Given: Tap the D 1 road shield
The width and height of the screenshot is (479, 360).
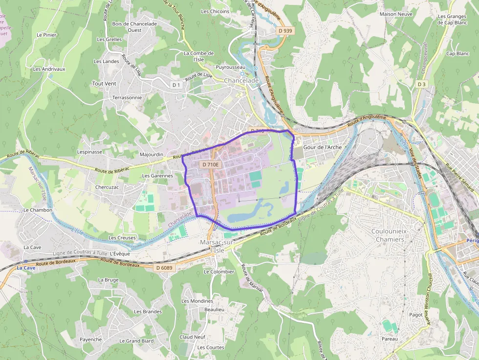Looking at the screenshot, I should pos(176,85).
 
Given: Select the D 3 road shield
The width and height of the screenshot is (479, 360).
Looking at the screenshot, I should pos(421,85).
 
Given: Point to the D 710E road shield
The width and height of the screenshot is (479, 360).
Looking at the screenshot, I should pos(211,165).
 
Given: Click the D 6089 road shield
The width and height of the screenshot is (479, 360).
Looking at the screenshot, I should pos(164,268).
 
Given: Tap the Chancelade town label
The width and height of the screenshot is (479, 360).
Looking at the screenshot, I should pos(241,81).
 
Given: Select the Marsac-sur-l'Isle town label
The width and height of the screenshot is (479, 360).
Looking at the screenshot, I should pos(217,246).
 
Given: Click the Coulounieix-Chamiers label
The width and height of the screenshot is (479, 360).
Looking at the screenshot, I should pos(388,235).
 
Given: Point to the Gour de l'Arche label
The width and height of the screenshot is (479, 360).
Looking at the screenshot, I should pos(323,147).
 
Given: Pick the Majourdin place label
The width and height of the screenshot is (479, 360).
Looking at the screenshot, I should pos(152,154).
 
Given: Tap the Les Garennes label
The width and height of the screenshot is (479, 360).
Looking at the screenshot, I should pos(157,175).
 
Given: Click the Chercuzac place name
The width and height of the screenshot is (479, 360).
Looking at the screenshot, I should pos(107,187).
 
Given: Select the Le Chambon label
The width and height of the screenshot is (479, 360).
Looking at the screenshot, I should pos(38,210).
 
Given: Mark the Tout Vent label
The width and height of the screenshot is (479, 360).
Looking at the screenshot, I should pos(104,84).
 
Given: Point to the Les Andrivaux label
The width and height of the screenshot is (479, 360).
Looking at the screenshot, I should pos(49,69).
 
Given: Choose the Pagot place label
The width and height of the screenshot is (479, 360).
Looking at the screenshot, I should pos(416,315).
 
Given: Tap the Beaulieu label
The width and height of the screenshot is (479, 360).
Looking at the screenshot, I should pos(214,309).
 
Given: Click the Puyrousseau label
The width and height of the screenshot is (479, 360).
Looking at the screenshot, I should pos(231,67).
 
